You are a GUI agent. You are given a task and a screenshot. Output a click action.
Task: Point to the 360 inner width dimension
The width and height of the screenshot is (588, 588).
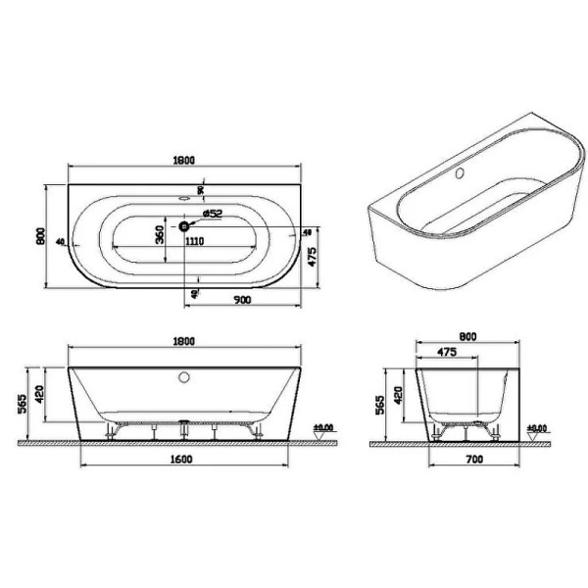pos(160,236)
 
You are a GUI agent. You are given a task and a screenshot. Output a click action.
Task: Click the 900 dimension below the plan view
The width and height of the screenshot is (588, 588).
pos(241,298)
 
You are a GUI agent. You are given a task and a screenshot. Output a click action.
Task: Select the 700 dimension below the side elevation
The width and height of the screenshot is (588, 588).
pos(466,459)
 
